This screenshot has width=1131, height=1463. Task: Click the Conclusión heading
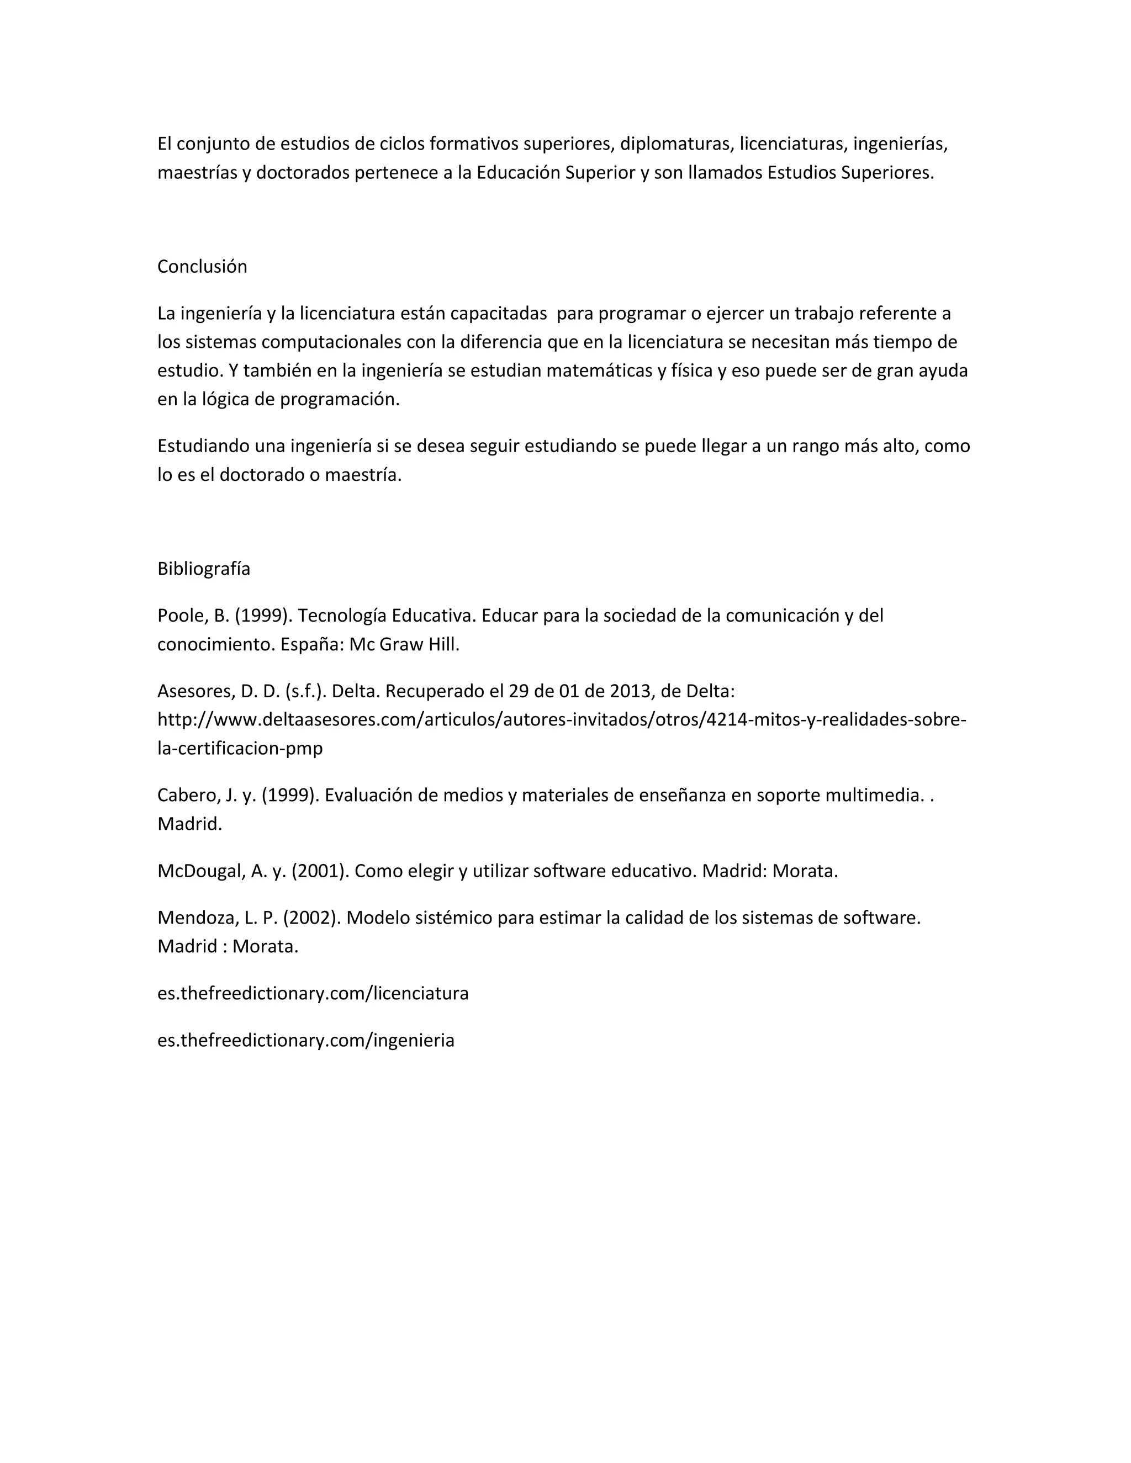[202, 267]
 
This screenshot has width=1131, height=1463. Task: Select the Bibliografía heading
[204, 569]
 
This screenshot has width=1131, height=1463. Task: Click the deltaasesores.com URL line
[562, 719]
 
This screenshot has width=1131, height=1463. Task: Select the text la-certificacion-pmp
[240, 748]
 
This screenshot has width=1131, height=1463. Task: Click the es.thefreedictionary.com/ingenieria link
[306, 1040]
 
